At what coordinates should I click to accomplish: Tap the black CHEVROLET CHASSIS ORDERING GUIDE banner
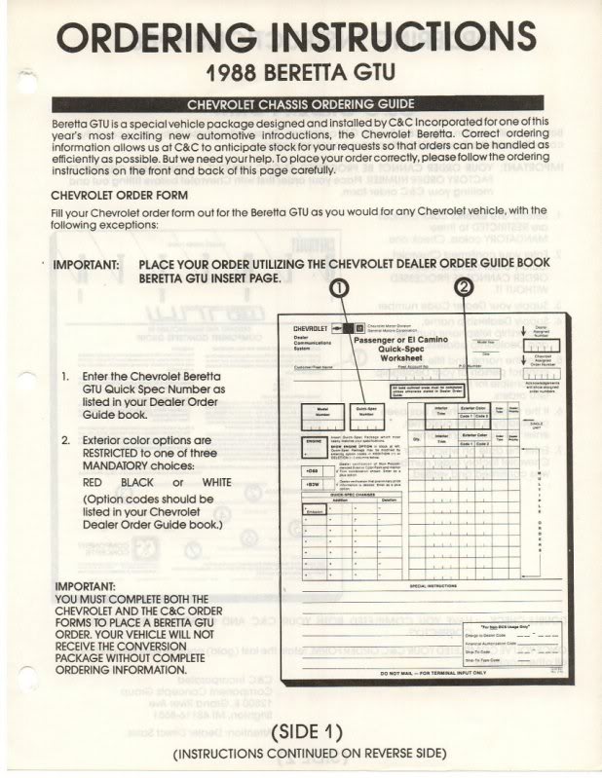pyautogui.click(x=302, y=104)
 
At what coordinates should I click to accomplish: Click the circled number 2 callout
pyautogui.click(x=464, y=287)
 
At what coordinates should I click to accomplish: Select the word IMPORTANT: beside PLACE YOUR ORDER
pyautogui.click(x=86, y=265)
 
